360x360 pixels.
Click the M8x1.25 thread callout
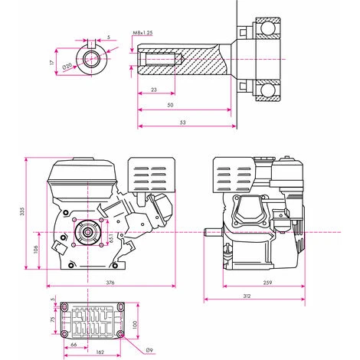(x=142, y=34)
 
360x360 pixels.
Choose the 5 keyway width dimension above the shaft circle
(x=110, y=37)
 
